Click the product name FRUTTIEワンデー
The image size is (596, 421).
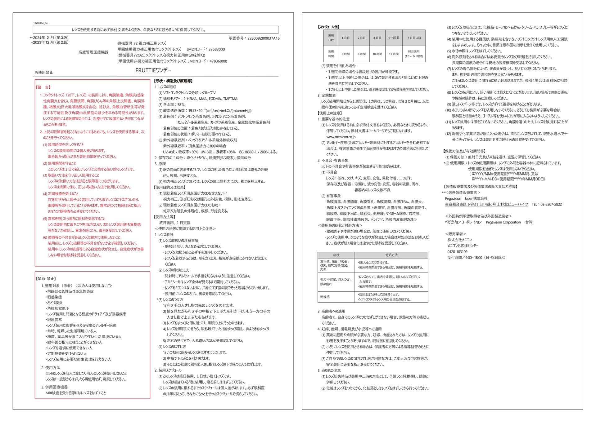153,70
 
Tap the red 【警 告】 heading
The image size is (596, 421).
43,87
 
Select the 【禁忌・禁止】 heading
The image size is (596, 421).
46,279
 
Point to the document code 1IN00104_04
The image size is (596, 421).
40,23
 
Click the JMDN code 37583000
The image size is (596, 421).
216,49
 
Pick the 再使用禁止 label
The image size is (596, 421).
44,73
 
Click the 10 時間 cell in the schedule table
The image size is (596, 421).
377,54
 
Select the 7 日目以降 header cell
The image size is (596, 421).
414,38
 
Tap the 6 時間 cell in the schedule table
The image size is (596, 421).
345,54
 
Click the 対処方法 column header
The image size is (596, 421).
391,255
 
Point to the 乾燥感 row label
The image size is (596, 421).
325,297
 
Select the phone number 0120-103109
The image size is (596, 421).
457,252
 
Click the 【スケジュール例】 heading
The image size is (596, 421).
329,27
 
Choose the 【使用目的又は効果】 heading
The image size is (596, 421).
170,188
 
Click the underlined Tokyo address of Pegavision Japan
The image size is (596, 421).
486,205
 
